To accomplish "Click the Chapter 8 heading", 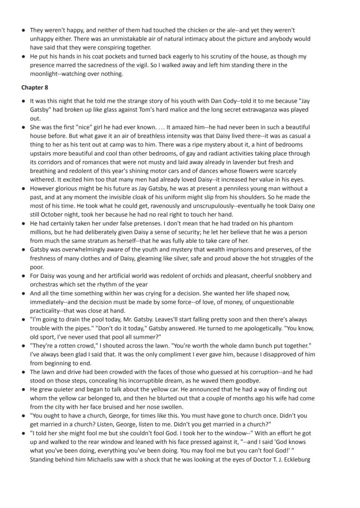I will coord(34,87).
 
